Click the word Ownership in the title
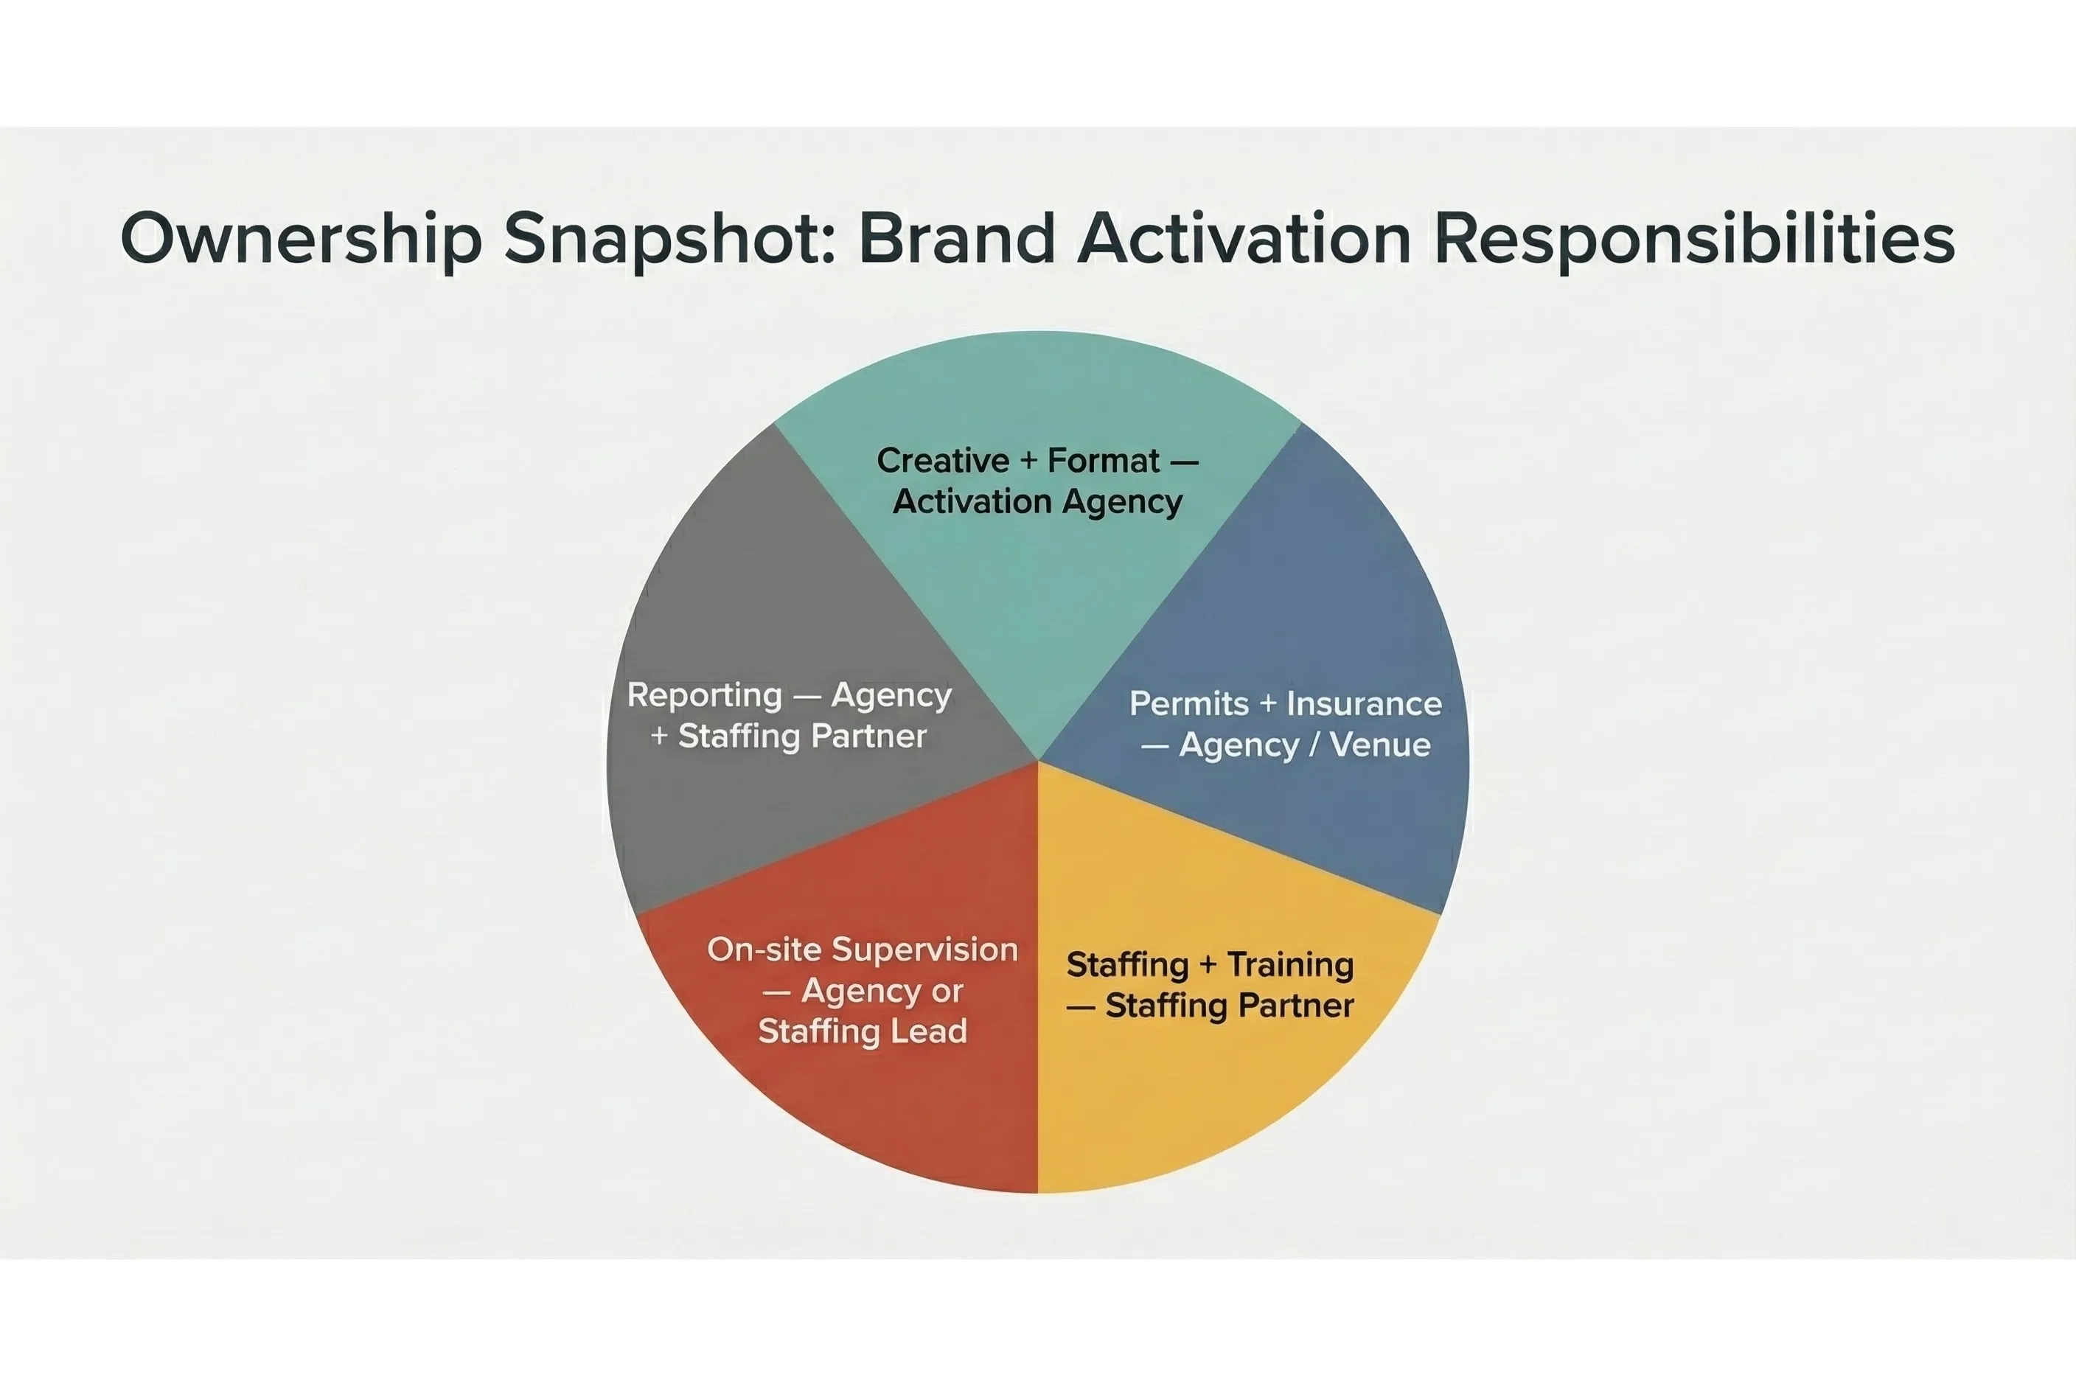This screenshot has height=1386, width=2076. pos(302,239)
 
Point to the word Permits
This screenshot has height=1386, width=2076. pos(1188,703)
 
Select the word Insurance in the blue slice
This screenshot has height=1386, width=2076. pos(1364,703)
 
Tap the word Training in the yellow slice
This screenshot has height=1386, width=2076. pos(1290,964)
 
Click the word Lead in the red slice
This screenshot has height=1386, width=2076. pos(930,1031)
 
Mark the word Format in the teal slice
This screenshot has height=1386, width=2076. pos(1103,461)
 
